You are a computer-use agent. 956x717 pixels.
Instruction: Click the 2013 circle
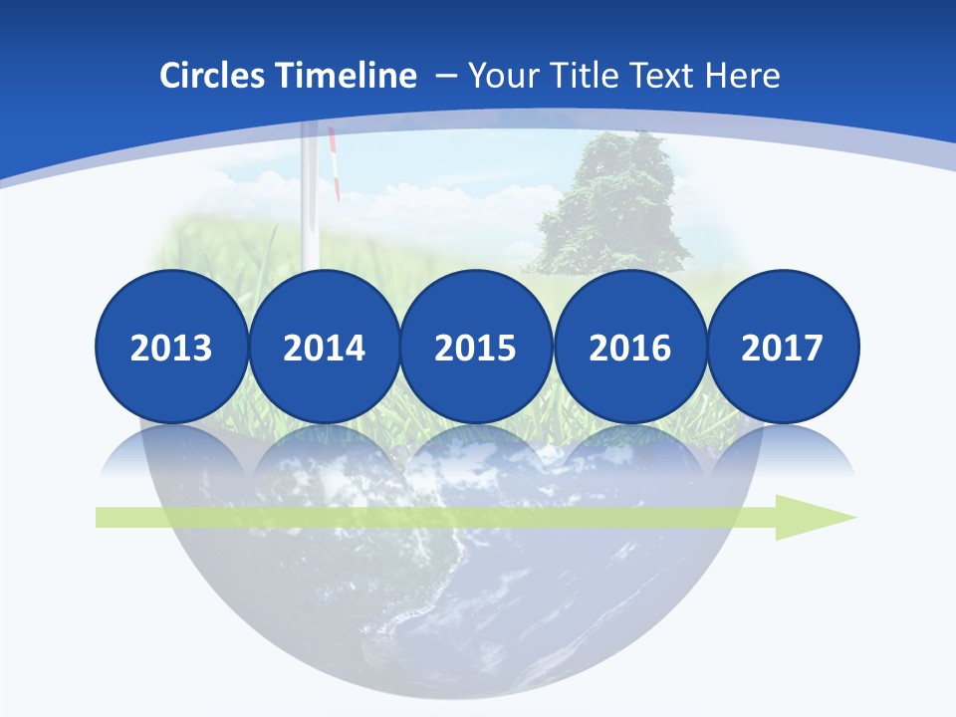(x=171, y=347)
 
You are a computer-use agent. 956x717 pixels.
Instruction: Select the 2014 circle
(x=324, y=347)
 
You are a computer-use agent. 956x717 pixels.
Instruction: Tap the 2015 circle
(x=476, y=347)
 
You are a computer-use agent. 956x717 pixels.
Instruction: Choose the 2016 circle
(x=629, y=347)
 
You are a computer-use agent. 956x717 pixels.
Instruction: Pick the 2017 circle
(x=782, y=347)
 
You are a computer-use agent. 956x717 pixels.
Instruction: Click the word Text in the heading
(x=659, y=76)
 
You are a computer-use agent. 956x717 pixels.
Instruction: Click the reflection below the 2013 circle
(x=171, y=453)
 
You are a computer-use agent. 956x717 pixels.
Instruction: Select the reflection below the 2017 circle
(x=782, y=453)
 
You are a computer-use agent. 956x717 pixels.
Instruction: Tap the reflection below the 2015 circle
(x=476, y=453)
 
